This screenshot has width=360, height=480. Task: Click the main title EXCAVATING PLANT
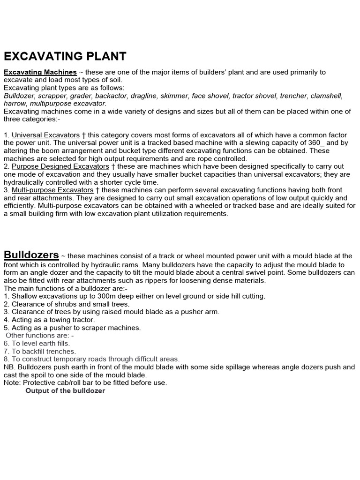pyautogui.click(x=65, y=56)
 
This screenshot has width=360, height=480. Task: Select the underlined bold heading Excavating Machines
pyautogui.click(x=40, y=72)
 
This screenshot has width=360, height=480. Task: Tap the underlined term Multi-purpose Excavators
pyautogui.click(x=52, y=190)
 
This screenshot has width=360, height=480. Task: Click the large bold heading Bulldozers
pyautogui.click(x=31, y=255)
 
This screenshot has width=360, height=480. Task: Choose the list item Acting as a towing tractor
pyautogui.click(x=49, y=320)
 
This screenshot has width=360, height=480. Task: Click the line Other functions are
pyautogui.click(x=39, y=336)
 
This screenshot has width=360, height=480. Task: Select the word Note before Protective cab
pyautogui.click(x=11, y=382)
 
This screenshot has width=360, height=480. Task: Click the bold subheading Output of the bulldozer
pyautogui.click(x=65, y=391)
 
